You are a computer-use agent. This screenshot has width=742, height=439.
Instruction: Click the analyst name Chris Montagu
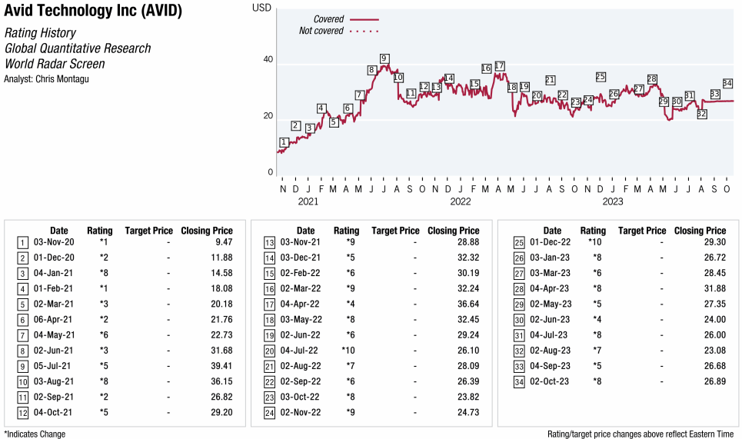[46, 78]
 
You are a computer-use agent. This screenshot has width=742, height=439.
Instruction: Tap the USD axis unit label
[262, 7]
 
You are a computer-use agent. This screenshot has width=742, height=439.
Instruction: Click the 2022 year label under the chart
[460, 201]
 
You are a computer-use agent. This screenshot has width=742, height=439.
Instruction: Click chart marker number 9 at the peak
[384, 58]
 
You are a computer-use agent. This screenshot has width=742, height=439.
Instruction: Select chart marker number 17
[500, 65]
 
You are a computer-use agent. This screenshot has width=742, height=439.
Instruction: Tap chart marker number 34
[727, 83]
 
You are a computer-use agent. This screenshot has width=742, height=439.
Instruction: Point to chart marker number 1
[284, 142]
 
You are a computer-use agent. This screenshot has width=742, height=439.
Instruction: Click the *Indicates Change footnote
[35, 434]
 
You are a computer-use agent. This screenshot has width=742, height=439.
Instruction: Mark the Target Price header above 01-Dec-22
[642, 230]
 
